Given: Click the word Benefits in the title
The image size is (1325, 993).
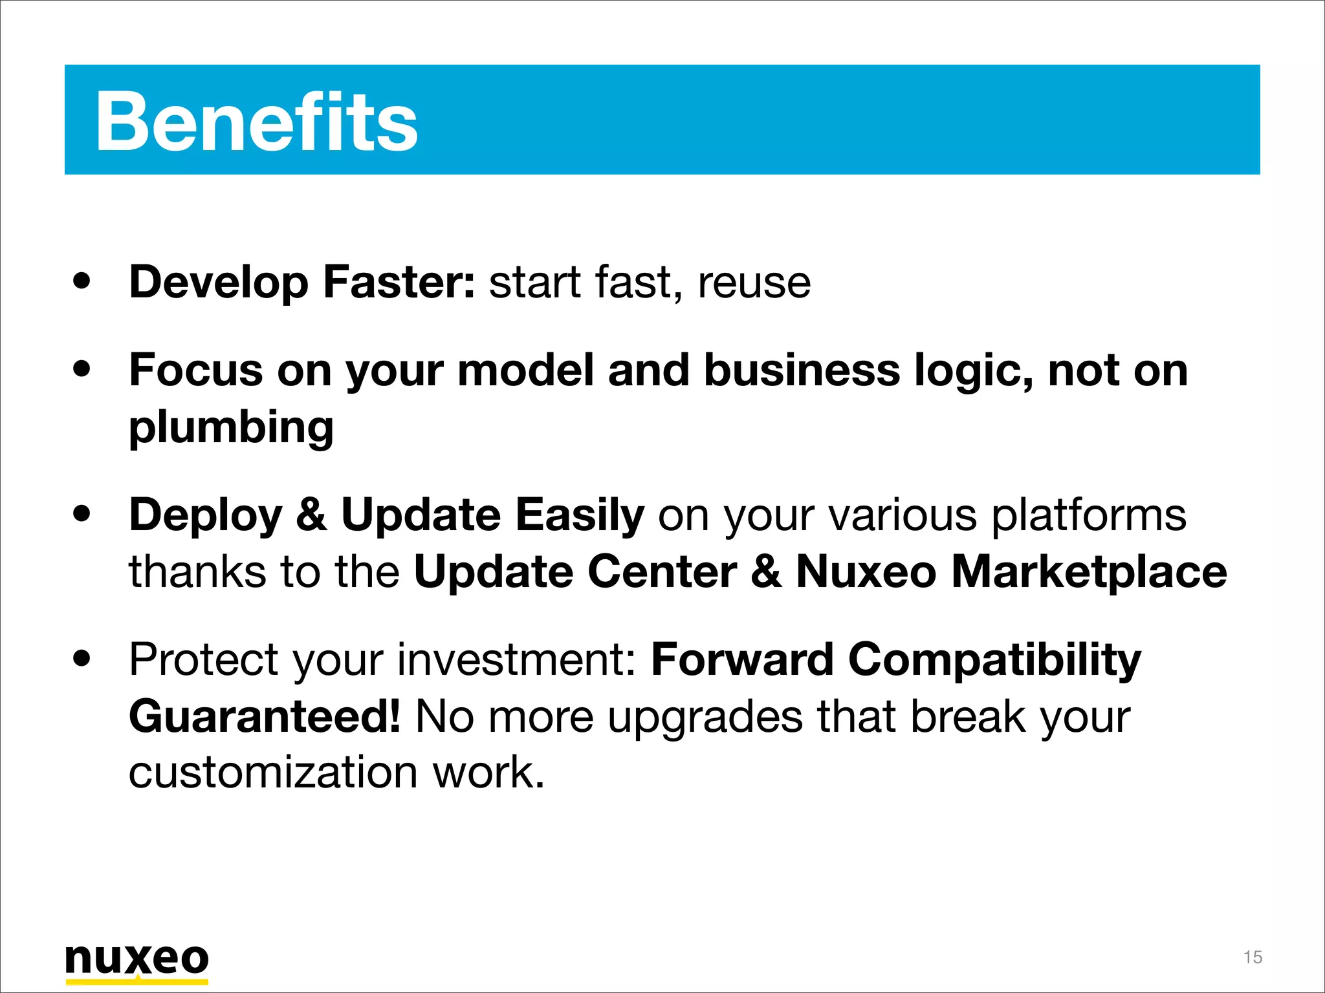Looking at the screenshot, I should [256, 122].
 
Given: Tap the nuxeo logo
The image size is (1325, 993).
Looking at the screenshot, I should [137, 959].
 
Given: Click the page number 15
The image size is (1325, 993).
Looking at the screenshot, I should [1253, 957].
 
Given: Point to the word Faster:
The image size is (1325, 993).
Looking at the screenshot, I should [399, 283].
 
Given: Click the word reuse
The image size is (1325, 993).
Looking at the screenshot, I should [754, 283].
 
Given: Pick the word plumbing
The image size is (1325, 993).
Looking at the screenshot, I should [231, 427].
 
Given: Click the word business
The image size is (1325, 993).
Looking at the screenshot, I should [802, 370].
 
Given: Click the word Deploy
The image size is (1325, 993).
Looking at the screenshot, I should [206, 515].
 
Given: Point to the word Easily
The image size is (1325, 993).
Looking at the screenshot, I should [580, 515].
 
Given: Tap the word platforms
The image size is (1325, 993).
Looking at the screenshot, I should [1089, 515].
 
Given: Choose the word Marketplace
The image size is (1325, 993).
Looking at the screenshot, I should [1089, 572].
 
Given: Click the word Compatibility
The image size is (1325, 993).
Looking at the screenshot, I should [994, 660].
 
